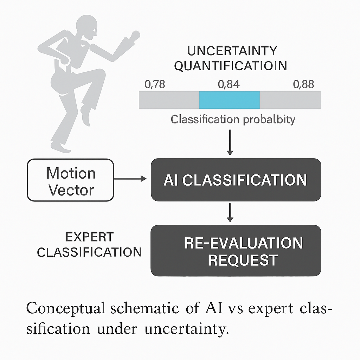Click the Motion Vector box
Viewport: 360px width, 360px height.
click(71, 180)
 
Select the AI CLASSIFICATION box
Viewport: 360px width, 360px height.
click(236, 180)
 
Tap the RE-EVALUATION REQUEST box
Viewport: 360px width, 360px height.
click(236, 251)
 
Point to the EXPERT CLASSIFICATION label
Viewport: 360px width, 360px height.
click(89, 245)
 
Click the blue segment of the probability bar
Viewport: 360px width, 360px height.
click(229, 100)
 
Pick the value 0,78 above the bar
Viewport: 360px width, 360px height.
click(155, 85)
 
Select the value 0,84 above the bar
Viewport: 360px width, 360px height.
click(229, 85)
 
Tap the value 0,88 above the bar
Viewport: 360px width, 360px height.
click(303, 85)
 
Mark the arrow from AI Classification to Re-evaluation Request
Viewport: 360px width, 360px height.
click(230, 212)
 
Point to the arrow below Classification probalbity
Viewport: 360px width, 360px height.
click(230, 142)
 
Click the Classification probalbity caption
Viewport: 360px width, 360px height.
click(233, 120)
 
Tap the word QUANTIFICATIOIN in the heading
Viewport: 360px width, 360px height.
click(230, 66)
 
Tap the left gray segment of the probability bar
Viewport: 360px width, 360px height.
click(169, 100)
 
